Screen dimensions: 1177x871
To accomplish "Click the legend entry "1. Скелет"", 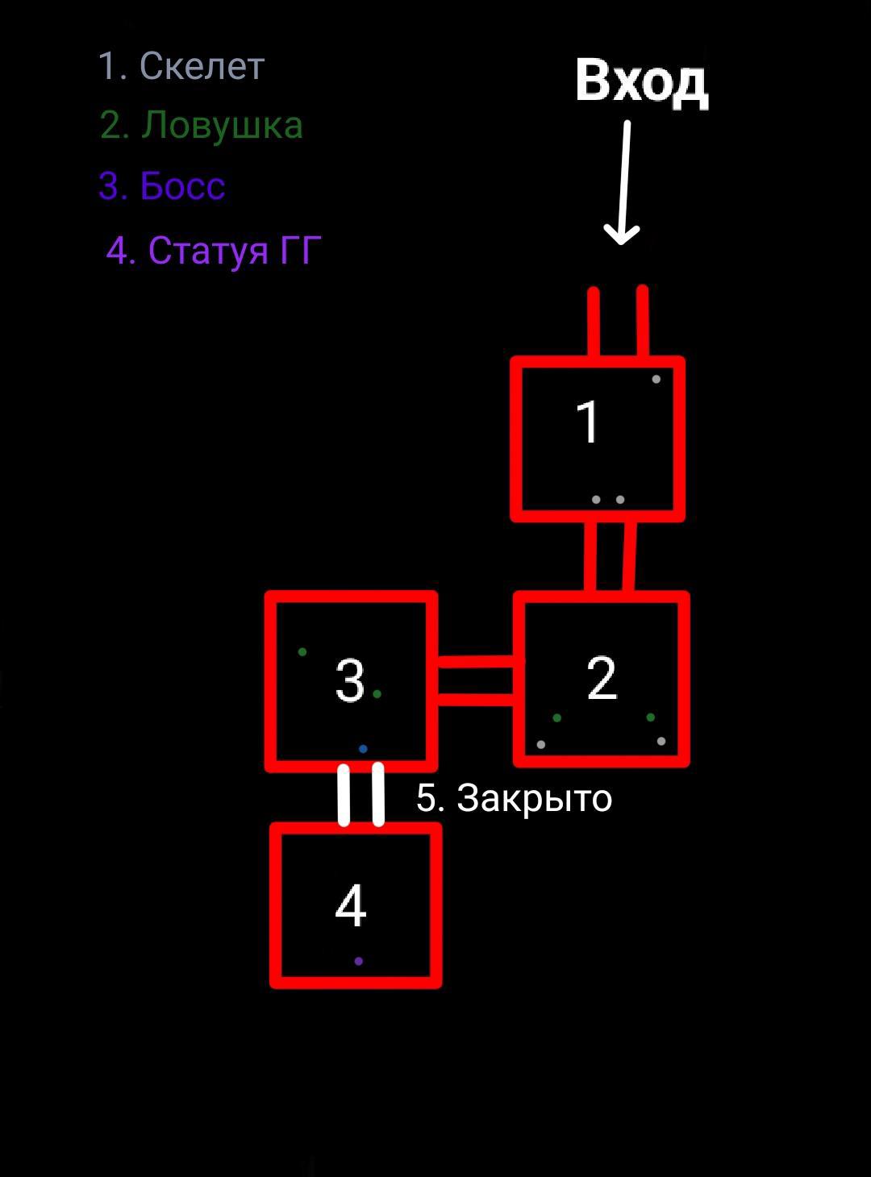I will pos(181,66).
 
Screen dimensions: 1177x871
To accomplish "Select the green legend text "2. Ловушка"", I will pos(202,126).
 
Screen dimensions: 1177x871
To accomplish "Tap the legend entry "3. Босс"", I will pos(161,186).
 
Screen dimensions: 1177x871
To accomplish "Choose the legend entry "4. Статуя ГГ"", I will pos(214,251).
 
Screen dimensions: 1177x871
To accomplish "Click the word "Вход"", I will pos(641,82).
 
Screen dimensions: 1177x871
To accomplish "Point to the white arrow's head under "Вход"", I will pos(621,235).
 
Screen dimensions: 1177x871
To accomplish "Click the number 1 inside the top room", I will pos(588,422).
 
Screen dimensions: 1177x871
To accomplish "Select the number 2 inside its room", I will pos(602,678).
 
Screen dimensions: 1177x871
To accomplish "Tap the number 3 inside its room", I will pos(350,681).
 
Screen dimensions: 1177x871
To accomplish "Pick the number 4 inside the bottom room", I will pos(350,906).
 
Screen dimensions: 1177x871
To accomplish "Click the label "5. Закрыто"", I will pos(514,798).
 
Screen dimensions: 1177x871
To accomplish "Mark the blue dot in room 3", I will pos(363,749).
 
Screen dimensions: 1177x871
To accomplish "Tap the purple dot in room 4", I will pos(358,961).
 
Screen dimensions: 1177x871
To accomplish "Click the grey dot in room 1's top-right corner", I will pos(656,379).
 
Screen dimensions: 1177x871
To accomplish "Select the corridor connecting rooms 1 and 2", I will pos(610,556).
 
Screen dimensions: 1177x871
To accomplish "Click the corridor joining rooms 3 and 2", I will pos(476,679).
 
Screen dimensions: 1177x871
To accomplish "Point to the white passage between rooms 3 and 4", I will pos(360,795).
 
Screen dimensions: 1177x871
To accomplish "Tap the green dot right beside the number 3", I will pos(377,693).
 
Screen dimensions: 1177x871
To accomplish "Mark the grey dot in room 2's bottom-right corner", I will pos(661,741).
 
